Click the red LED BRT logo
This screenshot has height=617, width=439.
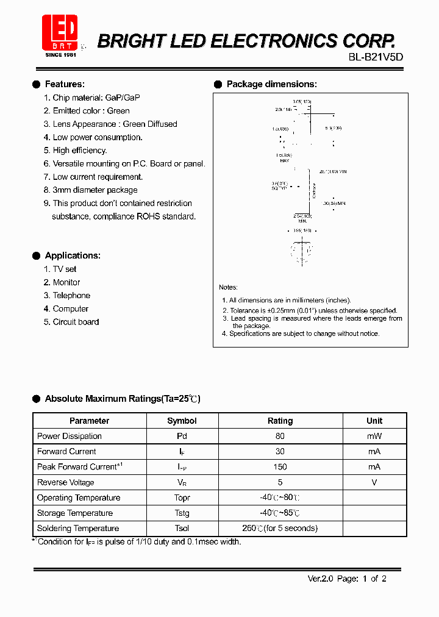coord(60,32)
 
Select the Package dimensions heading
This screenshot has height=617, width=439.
coord(271,84)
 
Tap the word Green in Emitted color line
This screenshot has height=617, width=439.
coord(118,111)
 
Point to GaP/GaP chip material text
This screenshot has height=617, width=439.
coord(123,98)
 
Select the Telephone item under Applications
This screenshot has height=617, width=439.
coord(71,296)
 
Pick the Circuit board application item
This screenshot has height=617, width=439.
coord(76,322)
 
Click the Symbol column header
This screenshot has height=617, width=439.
coord(182,421)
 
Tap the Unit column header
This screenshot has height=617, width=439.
coord(374,421)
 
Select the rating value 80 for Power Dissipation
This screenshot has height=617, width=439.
coord(280,436)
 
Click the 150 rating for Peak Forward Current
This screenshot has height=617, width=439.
coord(280,467)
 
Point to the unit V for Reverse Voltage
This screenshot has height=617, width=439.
coord(374,482)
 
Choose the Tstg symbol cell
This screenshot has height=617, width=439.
coord(182,513)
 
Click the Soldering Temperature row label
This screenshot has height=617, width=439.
coord(78,529)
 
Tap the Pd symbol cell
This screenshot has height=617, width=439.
coord(182,436)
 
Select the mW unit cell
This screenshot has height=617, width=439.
coord(374,436)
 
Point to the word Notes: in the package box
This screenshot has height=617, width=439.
coord(229,287)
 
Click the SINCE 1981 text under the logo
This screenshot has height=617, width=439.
coord(61,55)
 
